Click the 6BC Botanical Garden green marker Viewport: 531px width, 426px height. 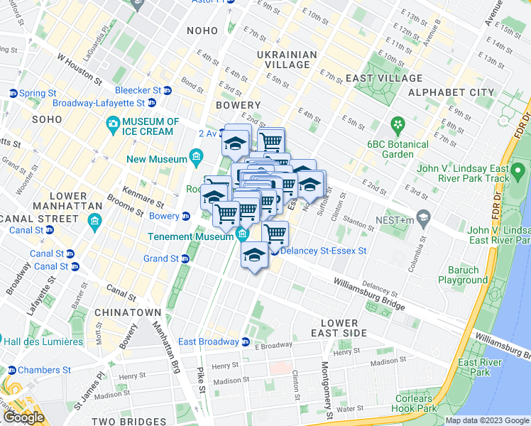pos(398,126)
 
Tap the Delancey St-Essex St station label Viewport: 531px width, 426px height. pos(324,251)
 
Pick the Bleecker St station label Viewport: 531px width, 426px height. pos(138,90)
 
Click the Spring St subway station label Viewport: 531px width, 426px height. pos(38,93)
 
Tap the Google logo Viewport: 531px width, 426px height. pos(23,417)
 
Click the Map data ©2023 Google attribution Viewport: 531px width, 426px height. pos(487,420)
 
